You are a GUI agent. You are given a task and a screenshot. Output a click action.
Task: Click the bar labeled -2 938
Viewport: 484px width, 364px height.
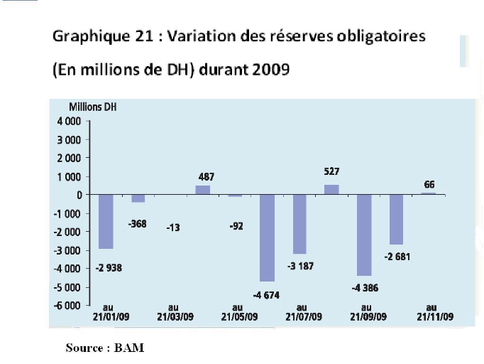pos(106,221)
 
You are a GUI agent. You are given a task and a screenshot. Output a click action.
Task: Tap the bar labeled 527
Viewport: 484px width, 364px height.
pos(331,190)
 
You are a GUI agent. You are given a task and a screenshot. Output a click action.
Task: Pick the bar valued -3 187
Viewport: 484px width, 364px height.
pos(299,224)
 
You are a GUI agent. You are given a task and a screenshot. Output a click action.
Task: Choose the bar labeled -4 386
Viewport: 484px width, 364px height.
pos(363,235)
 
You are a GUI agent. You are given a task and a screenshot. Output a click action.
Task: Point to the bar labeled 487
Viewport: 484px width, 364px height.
pos(203,190)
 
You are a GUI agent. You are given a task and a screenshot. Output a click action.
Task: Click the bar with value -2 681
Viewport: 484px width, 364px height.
pos(396,219)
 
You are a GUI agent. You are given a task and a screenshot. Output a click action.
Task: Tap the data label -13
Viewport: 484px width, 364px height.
pos(172,227)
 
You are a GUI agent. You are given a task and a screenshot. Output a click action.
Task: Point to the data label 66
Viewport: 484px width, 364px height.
pos(429,185)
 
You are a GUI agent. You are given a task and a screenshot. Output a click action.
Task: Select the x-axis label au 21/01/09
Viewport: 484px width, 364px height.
pos(106,314)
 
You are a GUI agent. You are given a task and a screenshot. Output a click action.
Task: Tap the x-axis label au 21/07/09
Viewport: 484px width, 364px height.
pos(301,314)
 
